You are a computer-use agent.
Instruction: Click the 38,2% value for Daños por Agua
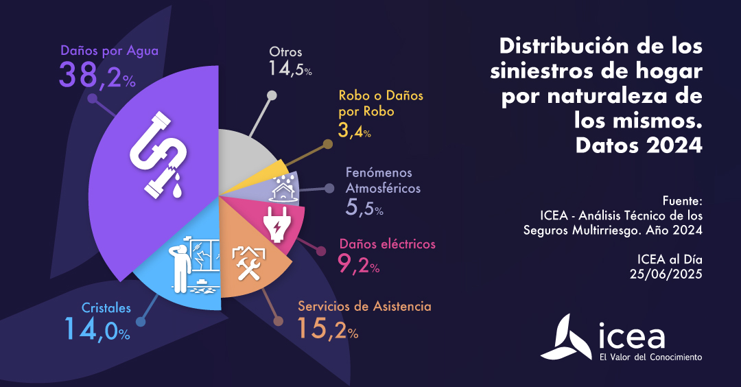point(97,75)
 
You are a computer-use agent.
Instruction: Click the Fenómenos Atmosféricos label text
point(379,180)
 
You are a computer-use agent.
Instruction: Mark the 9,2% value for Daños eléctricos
point(358,264)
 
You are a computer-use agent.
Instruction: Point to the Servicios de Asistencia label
point(364,306)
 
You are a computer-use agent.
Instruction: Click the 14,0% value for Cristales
point(97,329)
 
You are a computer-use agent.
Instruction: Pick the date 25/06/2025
point(666,273)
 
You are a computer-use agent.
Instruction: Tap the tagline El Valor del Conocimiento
point(650,357)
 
